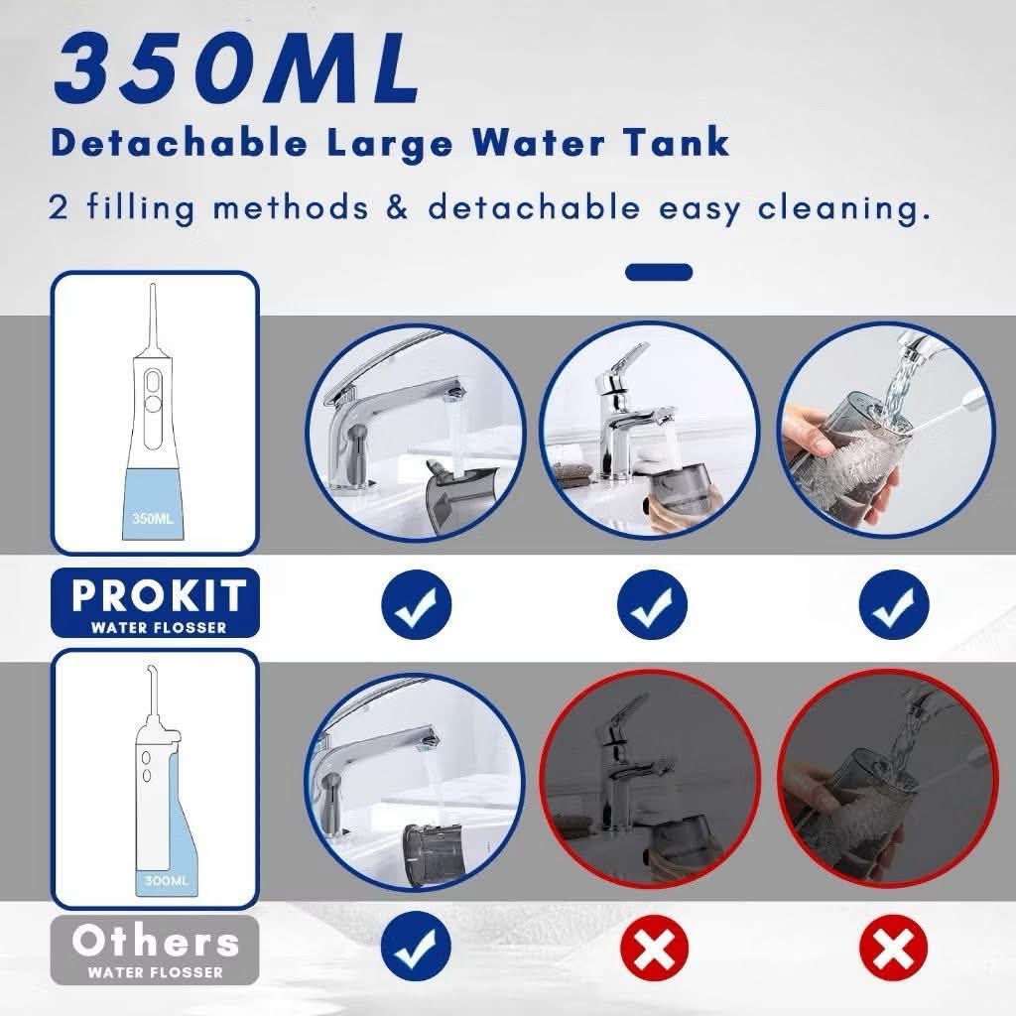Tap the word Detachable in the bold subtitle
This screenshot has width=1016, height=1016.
click(x=180, y=142)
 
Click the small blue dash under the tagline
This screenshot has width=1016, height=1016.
click(x=659, y=272)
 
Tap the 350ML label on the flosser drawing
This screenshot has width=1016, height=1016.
click(x=153, y=518)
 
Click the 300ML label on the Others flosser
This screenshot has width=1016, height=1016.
click(x=167, y=881)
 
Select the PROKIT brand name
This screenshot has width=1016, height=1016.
click(x=159, y=595)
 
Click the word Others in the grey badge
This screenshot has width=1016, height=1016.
click(x=156, y=941)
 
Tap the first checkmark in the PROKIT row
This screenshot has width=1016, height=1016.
click(x=416, y=604)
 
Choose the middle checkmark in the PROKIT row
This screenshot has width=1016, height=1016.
click(x=651, y=604)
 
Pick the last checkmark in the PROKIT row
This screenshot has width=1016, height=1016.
click(x=894, y=604)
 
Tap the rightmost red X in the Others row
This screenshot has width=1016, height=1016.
click(x=894, y=947)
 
